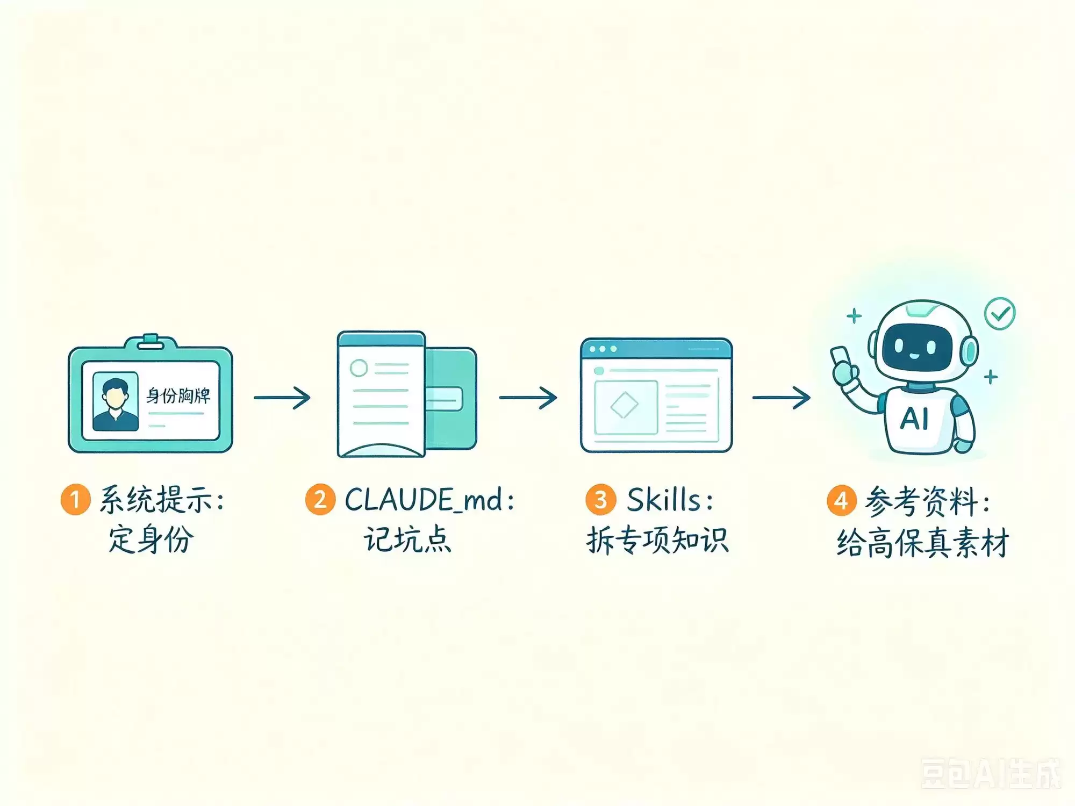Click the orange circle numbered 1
(x=75, y=499)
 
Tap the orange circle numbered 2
(x=320, y=499)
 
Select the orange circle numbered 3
(x=600, y=499)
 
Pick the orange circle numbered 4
(x=841, y=500)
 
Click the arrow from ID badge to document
(x=282, y=398)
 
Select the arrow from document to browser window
(x=528, y=398)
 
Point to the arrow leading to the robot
(x=781, y=398)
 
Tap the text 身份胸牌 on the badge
(x=178, y=395)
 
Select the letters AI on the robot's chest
(x=914, y=419)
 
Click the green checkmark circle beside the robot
(x=1000, y=313)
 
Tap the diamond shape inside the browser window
(x=625, y=405)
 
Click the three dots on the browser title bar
(x=603, y=349)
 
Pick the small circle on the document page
(x=359, y=368)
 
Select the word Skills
(x=664, y=500)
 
